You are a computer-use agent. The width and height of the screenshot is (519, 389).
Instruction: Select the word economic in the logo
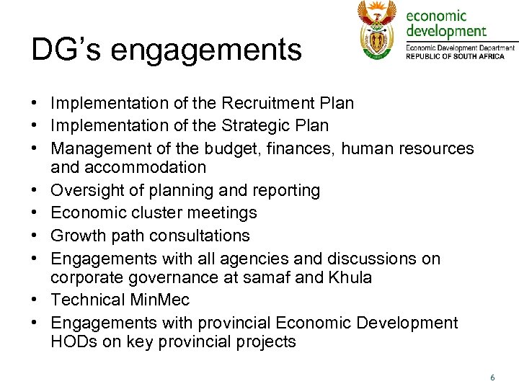click(x=437, y=15)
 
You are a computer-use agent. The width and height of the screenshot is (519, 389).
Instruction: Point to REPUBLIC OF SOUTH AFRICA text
click(x=461, y=56)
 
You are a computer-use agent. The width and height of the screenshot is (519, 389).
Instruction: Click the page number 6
click(x=492, y=377)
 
